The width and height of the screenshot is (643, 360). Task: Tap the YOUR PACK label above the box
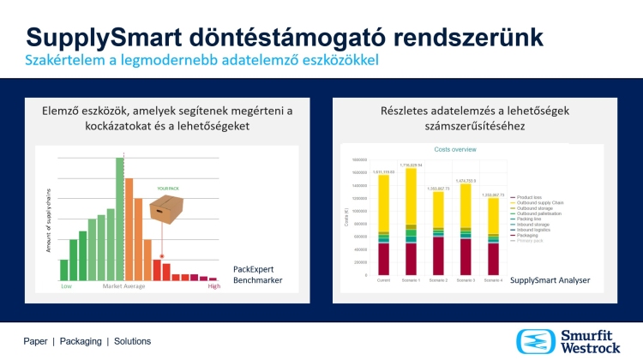pyautogui.click(x=168, y=187)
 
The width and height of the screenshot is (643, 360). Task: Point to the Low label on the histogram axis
pyautogui.click(x=65, y=285)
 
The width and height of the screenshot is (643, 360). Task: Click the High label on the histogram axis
pyautogui.click(x=215, y=285)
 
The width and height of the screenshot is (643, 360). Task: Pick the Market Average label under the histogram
pyautogui.click(x=123, y=285)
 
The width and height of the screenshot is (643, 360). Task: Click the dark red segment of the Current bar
pyautogui.click(x=383, y=258)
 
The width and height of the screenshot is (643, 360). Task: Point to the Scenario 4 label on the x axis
pyautogui.click(x=492, y=279)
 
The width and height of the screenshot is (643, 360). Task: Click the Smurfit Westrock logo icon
pyautogui.click(x=532, y=341)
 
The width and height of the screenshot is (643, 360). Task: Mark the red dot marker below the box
pyautogui.click(x=162, y=255)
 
